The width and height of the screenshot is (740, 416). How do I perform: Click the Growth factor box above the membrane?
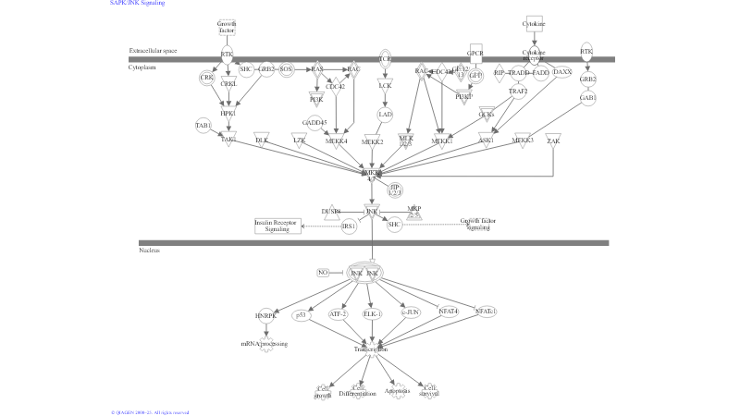[227, 27]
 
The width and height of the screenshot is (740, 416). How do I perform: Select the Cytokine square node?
[534, 24]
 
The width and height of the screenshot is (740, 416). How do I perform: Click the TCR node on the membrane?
[386, 59]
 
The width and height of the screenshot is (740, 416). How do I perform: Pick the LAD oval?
[386, 115]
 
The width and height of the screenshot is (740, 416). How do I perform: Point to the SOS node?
[286, 69]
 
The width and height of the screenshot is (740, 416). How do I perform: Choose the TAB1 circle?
[203, 125]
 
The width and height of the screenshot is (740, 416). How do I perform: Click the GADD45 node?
[314, 122]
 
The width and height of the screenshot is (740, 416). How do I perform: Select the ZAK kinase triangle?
[553, 140]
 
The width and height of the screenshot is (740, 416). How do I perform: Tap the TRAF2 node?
[518, 92]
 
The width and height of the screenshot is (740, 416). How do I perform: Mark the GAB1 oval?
[587, 97]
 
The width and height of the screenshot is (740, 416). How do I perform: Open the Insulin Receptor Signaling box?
[278, 226]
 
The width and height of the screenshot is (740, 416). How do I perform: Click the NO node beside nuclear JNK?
[322, 273]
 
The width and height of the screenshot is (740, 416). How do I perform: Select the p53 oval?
[301, 315]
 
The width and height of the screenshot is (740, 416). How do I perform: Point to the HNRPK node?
[266, 315]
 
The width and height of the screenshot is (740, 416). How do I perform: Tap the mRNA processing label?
[265, 344]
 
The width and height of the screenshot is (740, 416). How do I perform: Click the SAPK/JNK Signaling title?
[138, 4]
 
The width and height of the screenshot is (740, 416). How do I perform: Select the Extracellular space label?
[154, 51]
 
